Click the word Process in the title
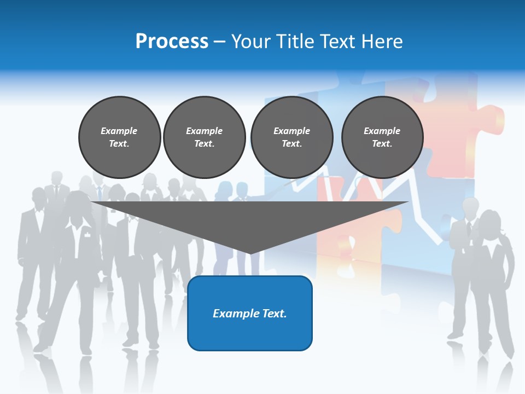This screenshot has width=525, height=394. (172, 41)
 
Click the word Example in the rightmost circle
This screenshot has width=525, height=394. (382, 131)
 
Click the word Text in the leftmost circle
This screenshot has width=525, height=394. (118, 143)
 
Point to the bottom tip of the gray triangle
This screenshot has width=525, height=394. (250, 252)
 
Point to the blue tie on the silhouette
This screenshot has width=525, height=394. (100, 193)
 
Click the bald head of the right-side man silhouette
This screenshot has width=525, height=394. (470, 207)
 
